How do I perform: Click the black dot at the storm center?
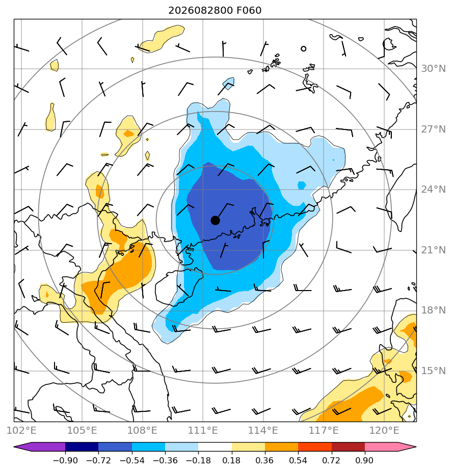(x=215, y=220)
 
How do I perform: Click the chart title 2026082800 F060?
(x=215, y=11)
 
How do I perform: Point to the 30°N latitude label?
(x=433, y=69)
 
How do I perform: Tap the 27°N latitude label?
(x=433, y=129)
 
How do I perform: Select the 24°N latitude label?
(x=433, y=190)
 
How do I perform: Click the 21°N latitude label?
(x=433, y=250)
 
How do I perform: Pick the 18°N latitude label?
(x=433, y=310)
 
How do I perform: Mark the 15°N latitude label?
(x=433, y=371)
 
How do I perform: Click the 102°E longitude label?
(x=21, y=430)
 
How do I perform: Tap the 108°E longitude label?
(x=142, y=430)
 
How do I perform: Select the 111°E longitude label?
(x=203, y=430)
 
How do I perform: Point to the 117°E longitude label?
(x=324, y=430)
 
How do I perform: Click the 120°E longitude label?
(x=384, y=430)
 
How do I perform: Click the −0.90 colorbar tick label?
(x=65, y=460)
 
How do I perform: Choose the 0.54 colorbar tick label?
(x=298, y=460)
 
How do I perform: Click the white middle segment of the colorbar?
(x=215, y=447)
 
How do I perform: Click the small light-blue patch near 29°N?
(x=229, y=83)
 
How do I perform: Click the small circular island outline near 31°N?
(x=303, y=48)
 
